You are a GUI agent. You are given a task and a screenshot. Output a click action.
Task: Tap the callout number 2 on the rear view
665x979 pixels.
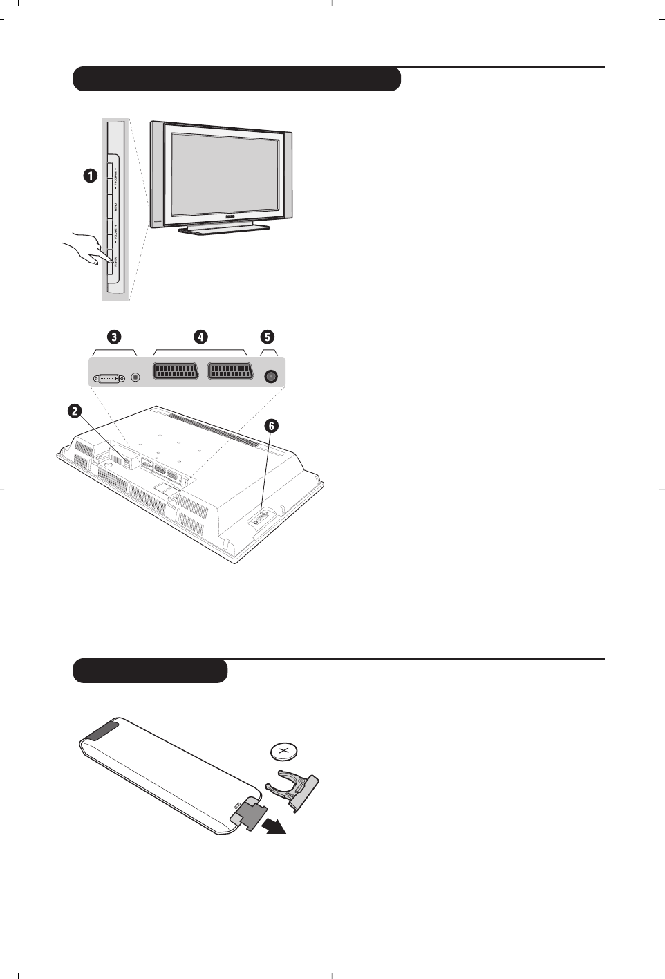click(x=73, y=411)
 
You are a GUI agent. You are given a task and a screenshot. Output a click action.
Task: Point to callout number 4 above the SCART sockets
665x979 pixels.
click(x=200, y=337)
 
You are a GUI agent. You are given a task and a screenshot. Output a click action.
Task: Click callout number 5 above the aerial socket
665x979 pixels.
click(x=268, y=337)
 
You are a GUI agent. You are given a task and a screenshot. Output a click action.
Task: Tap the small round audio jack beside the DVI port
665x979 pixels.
click(x=135, y=377)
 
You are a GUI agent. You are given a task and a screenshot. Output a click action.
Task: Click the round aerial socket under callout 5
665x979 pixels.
click(x=271, y=377)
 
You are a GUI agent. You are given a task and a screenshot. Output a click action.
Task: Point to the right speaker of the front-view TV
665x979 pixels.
click(x=288, y=176)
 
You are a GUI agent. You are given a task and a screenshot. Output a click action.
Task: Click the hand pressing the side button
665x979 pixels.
click(x=82, y=251)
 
